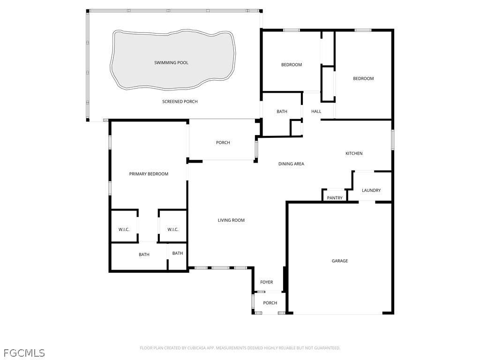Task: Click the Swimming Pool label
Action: click(171, 63)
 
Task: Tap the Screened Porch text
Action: click(180, 102)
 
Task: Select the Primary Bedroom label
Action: click(149, 174)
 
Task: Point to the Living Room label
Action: click(231, 220)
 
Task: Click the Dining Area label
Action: click(291, 164)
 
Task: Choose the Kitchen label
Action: click(354, 154)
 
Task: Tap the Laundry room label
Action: click(371, 190)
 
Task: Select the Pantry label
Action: click(335, 198)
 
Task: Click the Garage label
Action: click(340, 261)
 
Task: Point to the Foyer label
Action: click(267, 282)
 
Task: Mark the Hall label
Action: click(316, 112)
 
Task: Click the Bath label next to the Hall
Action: click(282, 112)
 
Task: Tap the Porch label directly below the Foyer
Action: click(270, 303)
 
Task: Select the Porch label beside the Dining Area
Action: click(223, 142)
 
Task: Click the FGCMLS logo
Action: click(24, 352)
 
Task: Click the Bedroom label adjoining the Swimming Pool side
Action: click(292, 65)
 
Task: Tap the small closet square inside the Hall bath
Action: click(296, 128)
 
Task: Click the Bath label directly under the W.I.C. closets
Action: click(144, 255)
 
